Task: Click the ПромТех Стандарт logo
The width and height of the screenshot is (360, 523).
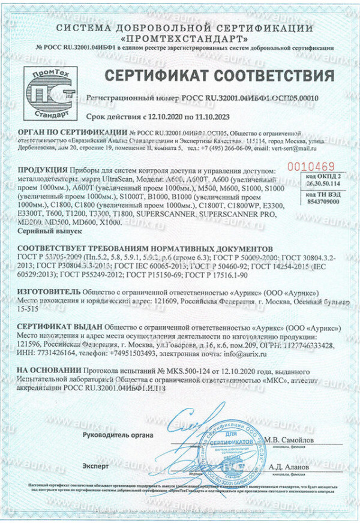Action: click(x=49, y=93)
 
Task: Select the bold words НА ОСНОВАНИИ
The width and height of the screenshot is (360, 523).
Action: click(x=48, y=372)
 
